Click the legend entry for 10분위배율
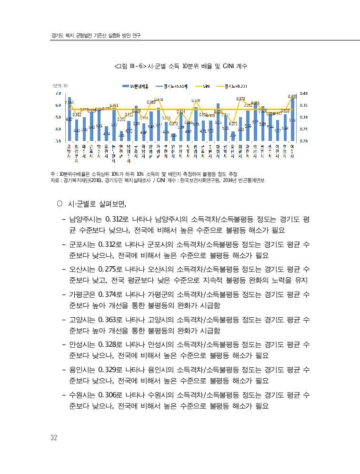[x=138, y=87]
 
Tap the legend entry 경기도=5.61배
[x=172, y=87]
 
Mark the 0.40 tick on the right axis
[x=304, y=93]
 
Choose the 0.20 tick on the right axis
[x=304, y=141]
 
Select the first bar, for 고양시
[x=69, y=119]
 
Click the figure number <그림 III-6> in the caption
[x=131, y=67]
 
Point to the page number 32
[x=54, y=438]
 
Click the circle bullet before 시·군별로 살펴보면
[x=60, y=205]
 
